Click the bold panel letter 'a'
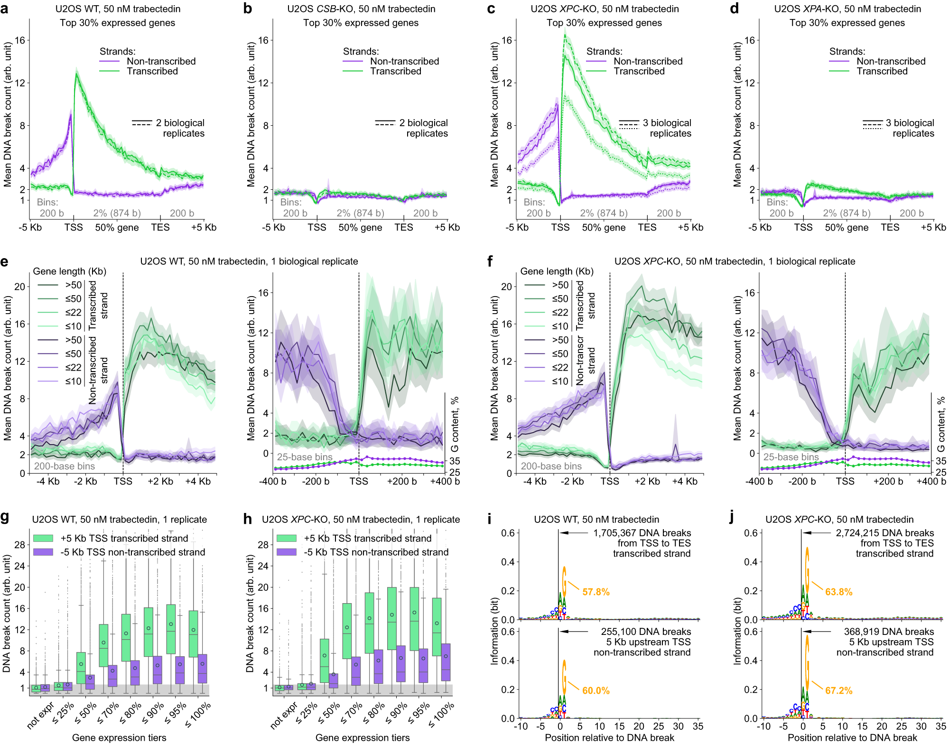5,9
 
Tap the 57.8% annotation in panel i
595,592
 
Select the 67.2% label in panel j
838,690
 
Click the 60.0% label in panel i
595,690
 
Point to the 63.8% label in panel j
838,592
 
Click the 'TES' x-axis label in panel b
403,227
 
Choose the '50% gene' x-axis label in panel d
847,227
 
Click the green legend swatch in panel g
43,538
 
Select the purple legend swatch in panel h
286,552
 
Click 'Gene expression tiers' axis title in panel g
119,737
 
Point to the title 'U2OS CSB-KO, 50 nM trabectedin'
361,9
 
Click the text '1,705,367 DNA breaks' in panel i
642,533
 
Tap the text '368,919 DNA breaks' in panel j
888,632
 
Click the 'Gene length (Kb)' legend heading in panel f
557,271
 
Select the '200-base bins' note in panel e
65,466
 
